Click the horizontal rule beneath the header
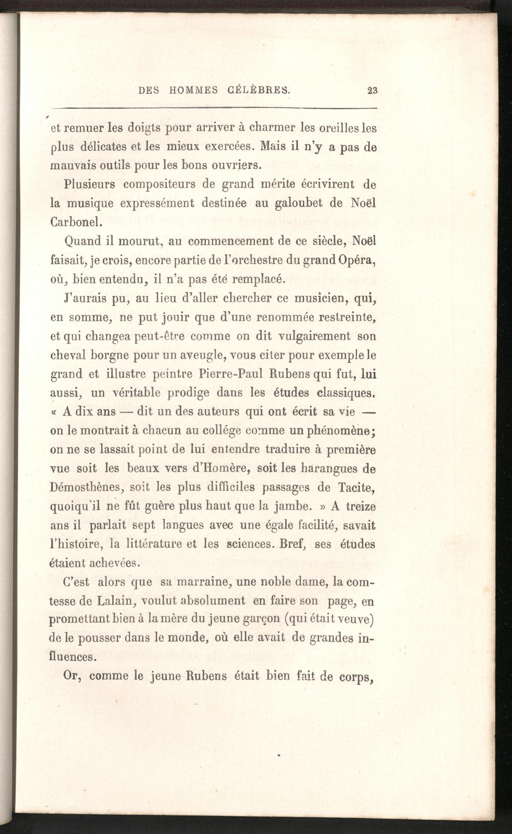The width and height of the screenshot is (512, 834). [214, 108]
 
